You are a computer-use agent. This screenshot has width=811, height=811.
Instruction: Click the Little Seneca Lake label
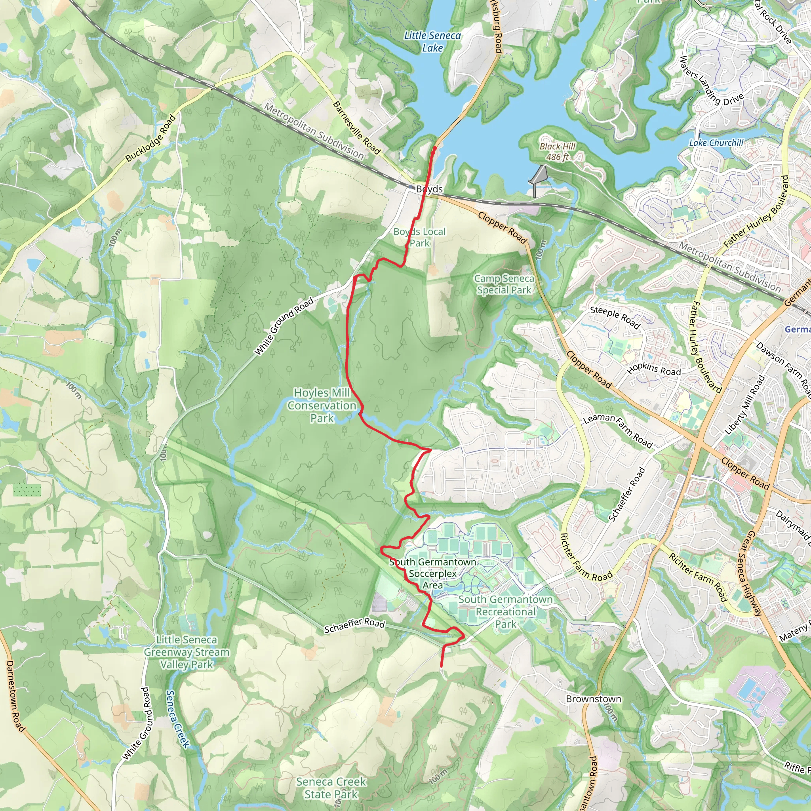432,42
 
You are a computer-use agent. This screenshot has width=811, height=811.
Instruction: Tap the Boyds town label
429,189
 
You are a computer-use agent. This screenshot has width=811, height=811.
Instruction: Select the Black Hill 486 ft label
557,152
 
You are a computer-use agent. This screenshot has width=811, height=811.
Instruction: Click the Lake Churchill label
716,143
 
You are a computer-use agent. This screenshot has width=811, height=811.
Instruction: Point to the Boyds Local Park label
419,237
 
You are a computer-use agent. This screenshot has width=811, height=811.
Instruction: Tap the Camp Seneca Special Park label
504,284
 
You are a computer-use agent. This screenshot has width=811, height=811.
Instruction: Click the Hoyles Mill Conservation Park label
322,405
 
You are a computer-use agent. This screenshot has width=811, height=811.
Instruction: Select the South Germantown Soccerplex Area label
432,573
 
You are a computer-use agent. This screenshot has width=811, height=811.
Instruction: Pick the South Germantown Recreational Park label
505,611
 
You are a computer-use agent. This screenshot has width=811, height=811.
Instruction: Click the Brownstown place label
593,699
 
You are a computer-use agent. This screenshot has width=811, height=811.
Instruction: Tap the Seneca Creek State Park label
331,788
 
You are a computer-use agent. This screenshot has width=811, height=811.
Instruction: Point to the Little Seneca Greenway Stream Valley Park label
187,652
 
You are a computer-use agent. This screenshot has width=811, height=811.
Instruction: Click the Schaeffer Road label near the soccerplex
354,623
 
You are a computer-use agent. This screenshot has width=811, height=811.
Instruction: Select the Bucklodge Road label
150,139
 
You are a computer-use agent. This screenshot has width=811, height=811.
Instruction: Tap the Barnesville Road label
356,128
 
